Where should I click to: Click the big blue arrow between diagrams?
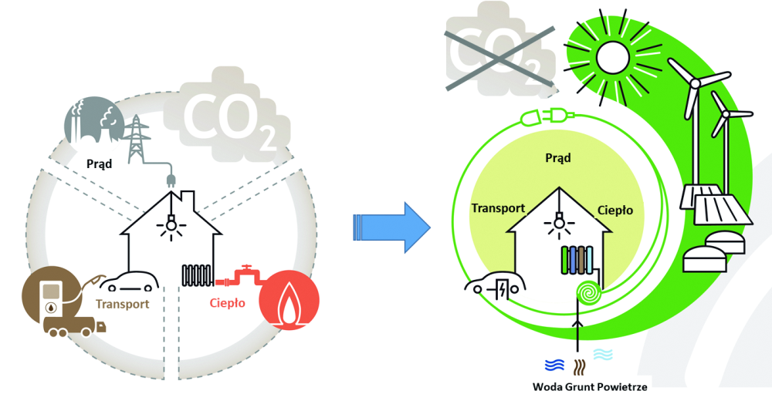click(x=391, y=226)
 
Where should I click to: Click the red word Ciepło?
click(x=228, y=303)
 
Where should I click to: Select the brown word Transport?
click(x=122, y=304)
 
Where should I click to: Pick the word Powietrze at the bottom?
click(x=622, y=386)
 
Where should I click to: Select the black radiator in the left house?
click(x=198, y=275)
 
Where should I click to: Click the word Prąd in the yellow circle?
click(x=557, y=158)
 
